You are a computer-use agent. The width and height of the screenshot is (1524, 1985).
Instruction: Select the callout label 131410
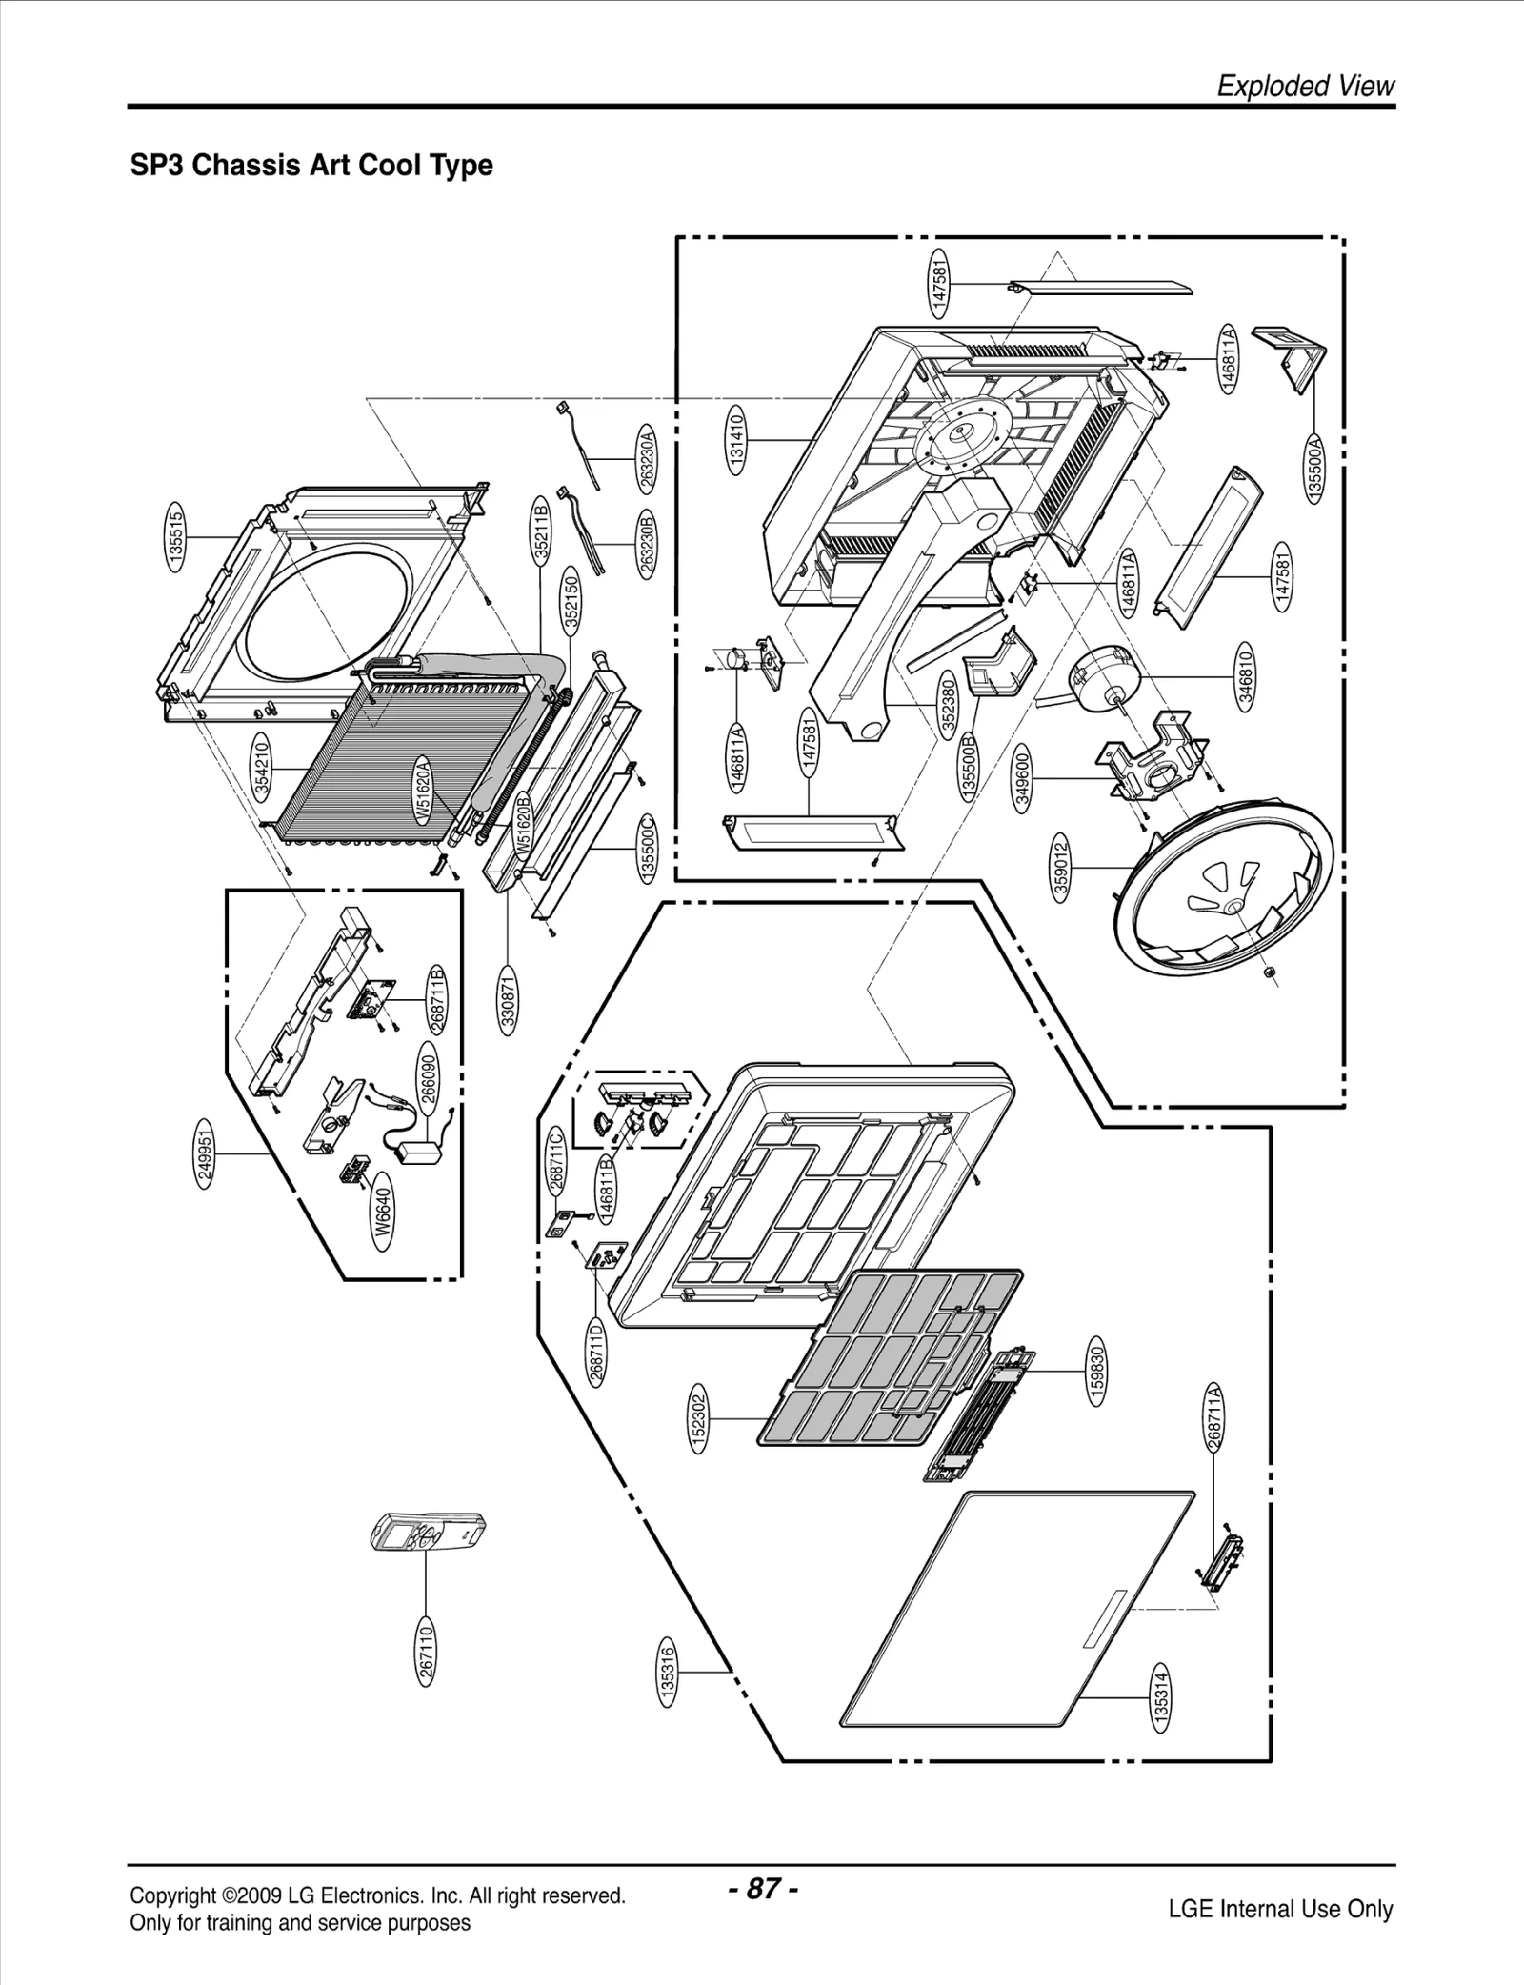pyautogui.click(x=736, y=437)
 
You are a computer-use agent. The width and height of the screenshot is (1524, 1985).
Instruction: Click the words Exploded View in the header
pyautogui.click(x=1305, y=86)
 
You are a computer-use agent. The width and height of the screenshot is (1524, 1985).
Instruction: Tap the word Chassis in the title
pyautogui.click(x=244, y=165)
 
